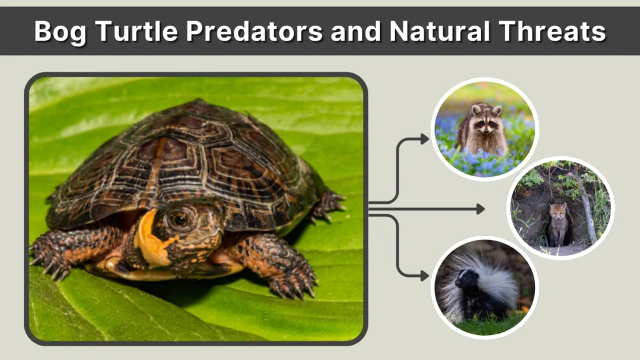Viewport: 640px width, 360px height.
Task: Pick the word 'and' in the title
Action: tap(353, 31)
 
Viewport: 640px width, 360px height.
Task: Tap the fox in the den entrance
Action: tap(557, 222)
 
